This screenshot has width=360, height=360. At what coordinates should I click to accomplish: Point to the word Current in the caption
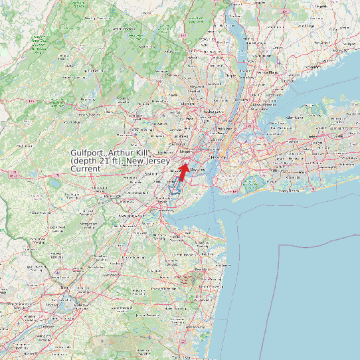pyautogui.click(x=86, y=169)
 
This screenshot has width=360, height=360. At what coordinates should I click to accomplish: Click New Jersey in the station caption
pyautogui.click(x=152, y=161)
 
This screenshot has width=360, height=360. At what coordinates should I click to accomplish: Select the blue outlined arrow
pyautogui.click(x=175, y=185)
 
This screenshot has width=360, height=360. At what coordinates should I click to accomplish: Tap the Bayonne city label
pyautogui.click(x=199, y=170)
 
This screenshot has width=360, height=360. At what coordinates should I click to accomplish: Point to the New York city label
pyautogui.click(x=215, y=156)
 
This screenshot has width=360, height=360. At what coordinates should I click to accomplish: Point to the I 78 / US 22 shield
pyautogui.click(x=13, y=175)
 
